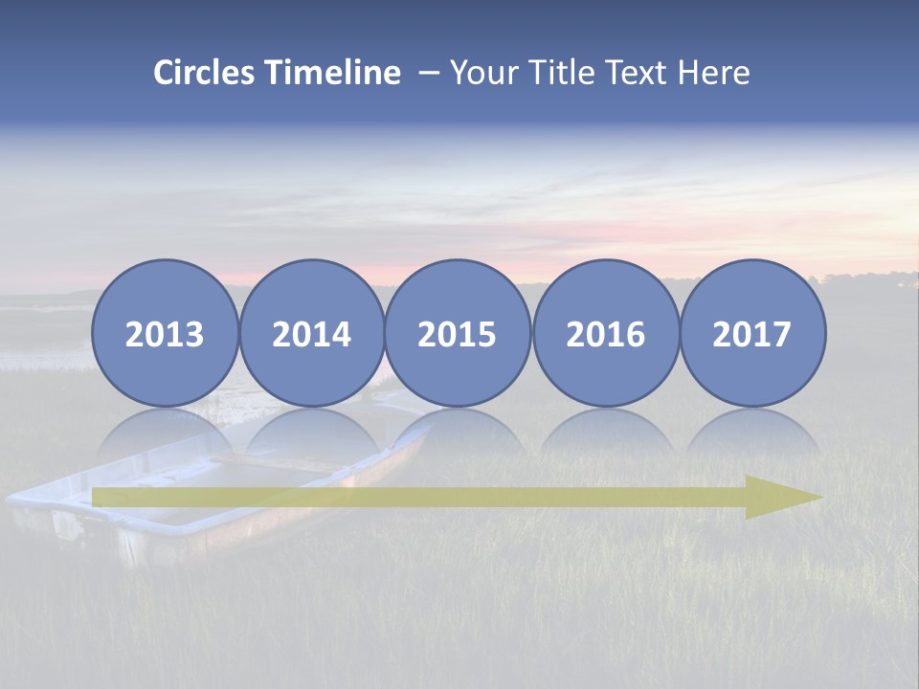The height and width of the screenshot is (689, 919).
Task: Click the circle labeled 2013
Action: [x=165, y=333]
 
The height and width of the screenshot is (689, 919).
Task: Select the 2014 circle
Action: [x=311, y=333]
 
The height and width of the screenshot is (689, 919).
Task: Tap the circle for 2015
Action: [x=458, y=333]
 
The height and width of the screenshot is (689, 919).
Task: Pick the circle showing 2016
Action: [x=605, y=333]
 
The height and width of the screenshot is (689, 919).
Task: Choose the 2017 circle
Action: [x=751, y=333]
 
